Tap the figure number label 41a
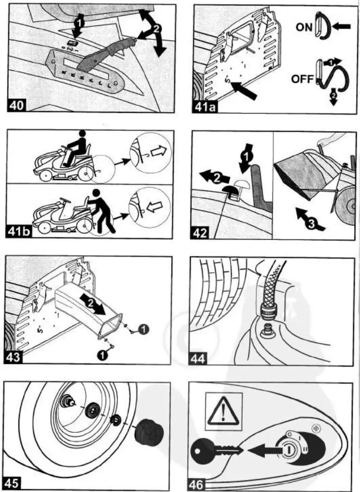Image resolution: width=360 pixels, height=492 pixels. pos(205,105)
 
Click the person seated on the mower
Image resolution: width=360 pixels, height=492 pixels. pos(77,148)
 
